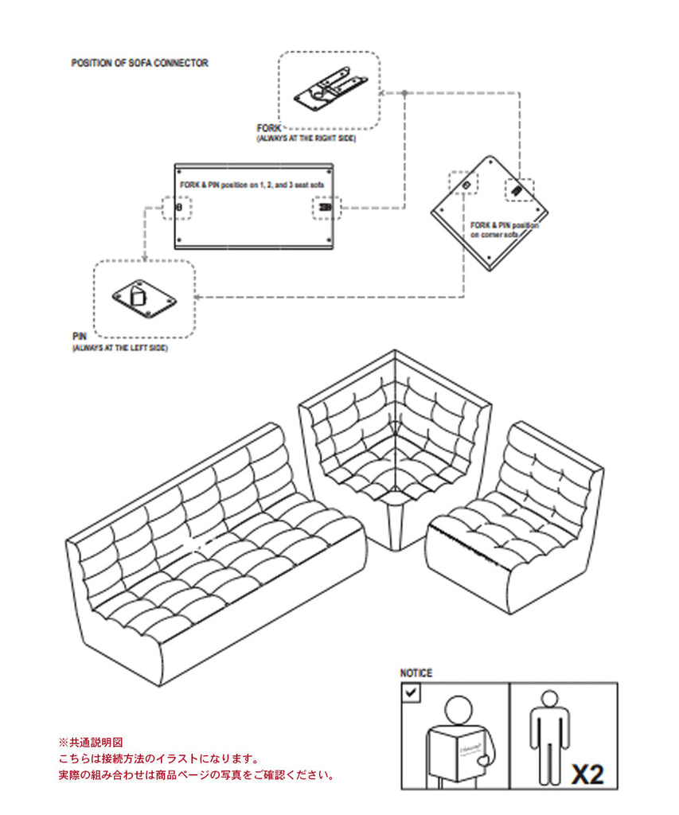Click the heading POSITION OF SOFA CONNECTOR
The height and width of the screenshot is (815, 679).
(139, 62)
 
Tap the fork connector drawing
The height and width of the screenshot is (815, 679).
(330, 89)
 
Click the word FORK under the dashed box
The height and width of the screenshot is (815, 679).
(268, 128)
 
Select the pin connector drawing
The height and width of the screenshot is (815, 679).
(144, 298)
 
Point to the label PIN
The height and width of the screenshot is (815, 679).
(78, 337)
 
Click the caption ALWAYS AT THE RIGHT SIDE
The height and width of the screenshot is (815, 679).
(306, 138)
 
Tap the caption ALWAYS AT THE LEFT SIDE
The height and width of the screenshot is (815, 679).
(119, 348)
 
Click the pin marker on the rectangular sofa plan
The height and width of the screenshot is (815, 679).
(178, 207)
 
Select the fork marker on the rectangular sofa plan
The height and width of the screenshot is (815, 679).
(325, 208)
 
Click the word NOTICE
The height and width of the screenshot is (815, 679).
(416, 673)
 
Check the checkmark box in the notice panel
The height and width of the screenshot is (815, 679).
(411, 692)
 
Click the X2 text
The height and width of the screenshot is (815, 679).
(587, 773)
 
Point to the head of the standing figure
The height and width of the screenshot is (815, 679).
(550, 698)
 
